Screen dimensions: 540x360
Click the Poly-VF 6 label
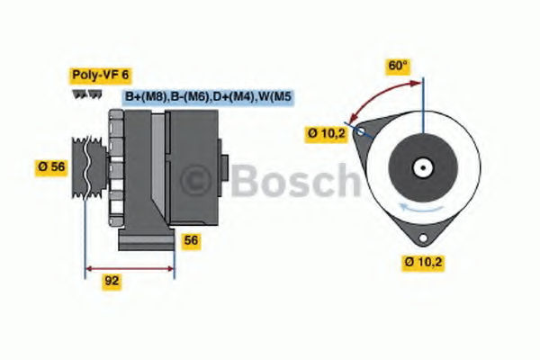pyautogui.click(x=101, y=75)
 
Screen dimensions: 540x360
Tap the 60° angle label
pyautogui.click(x=398, y=66)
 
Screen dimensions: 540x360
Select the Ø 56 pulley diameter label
pyautogui.click(x=51, y=167)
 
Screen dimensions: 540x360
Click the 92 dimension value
pyautogui.click(x=112, y=281)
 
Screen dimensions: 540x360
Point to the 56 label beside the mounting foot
pyautogui.click(x=191, y=240)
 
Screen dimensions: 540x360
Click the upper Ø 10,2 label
pyautogui.click(x=326, y=133)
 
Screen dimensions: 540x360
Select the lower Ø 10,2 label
pyautogui.click(x=423, y=262)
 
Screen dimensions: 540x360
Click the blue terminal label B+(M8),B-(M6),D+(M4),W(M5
pyautogui.click(x=208, y=97)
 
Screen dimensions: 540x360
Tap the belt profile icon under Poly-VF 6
pyautogui.click(x=87, y=94)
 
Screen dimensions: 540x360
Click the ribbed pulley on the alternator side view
pyautogui.click(x=89, y=167)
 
